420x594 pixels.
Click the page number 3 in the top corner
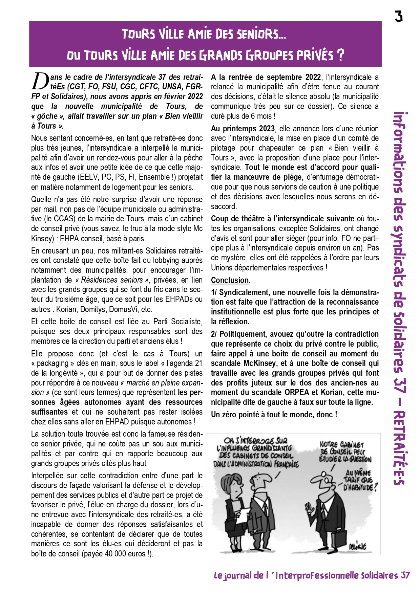point(399,16)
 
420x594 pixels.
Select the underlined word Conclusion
point(230,280)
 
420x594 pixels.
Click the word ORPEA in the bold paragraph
point(297,393)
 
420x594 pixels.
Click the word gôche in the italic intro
point(47,116)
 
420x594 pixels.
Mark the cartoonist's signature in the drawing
point(357,546)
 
